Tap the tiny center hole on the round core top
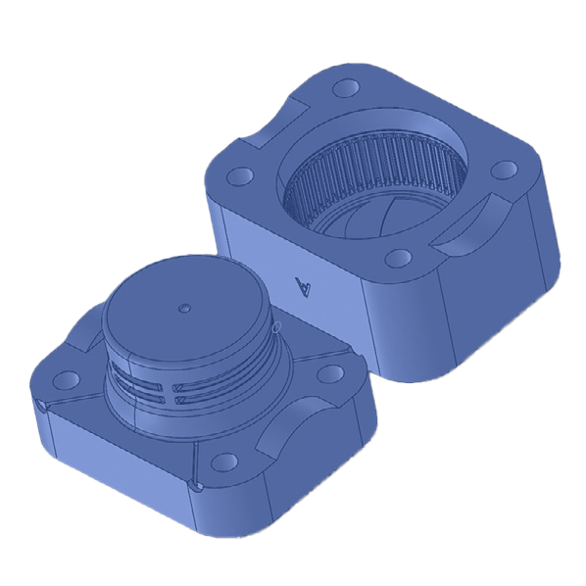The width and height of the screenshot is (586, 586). [182, 307]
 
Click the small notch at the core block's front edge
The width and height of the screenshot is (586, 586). [195, 485]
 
